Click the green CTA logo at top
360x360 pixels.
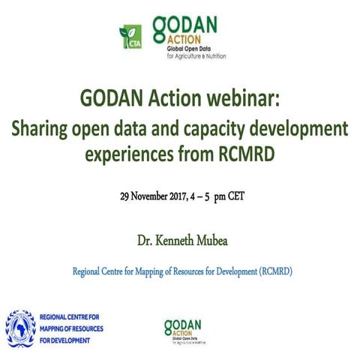point(130,36)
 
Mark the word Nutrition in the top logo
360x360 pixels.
point(213,57)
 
